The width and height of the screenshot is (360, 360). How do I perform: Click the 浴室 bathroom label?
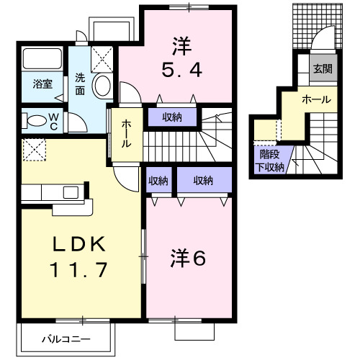41,84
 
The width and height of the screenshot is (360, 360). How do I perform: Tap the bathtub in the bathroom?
42,58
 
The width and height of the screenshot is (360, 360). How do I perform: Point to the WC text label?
54,119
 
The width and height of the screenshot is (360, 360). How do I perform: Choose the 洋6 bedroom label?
189,257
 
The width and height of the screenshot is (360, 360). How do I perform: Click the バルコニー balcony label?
65,338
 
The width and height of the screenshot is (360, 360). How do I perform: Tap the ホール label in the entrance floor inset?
317,99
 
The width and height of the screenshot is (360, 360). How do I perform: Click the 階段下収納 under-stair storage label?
271,160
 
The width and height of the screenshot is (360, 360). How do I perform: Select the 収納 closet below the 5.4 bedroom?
171,116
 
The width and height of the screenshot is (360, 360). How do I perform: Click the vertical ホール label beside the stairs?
127,134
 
